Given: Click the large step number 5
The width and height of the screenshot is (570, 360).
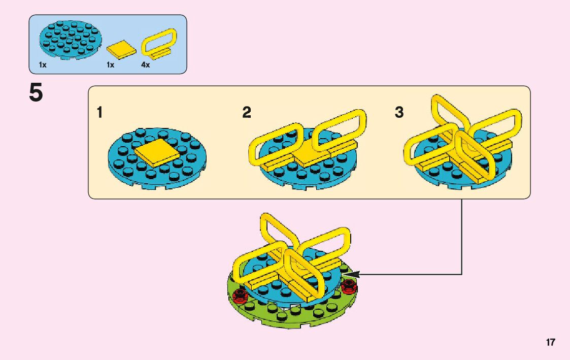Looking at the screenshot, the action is (36, 93).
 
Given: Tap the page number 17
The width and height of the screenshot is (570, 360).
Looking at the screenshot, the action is (551, 342).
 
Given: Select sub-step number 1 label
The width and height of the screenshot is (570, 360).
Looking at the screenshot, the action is (100, 113).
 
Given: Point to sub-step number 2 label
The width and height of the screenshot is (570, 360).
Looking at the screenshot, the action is (247, 113).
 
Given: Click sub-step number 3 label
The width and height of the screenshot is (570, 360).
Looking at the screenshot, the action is (399, 113).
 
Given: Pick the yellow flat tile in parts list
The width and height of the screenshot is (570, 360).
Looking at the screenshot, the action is (121, 49).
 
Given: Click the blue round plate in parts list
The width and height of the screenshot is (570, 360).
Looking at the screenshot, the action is (71, 40).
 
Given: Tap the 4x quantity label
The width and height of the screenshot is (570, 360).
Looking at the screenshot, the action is (146, 65).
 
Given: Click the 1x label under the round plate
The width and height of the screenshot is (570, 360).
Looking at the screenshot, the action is (43, 65).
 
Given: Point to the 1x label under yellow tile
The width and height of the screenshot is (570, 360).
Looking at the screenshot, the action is (110, 65).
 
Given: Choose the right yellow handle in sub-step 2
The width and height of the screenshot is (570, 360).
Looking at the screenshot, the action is (339, 130).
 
